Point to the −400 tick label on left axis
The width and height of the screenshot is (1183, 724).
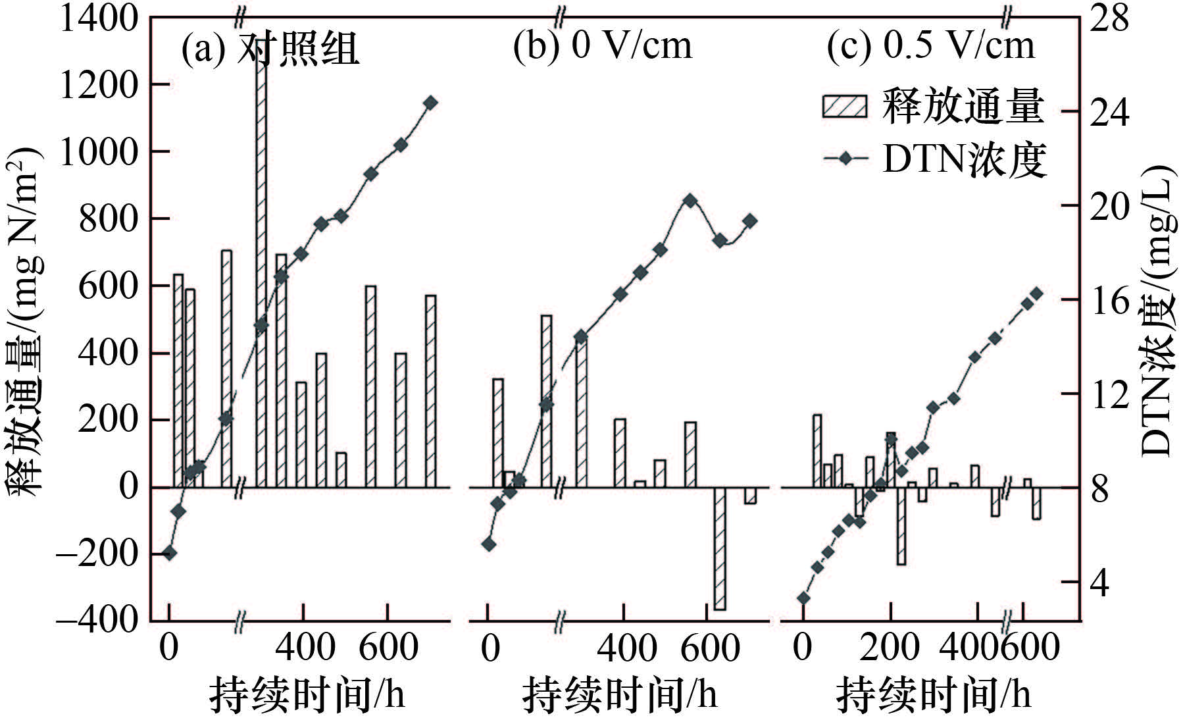97,620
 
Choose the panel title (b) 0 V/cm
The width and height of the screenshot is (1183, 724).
603,46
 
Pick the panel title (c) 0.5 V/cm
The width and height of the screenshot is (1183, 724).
930,46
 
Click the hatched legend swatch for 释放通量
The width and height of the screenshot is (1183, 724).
844,105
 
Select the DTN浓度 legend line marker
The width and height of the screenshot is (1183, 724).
845,159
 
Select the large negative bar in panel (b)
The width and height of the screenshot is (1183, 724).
720,548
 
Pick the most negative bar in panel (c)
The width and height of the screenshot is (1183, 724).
901,525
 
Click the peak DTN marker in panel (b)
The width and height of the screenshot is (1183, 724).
690,201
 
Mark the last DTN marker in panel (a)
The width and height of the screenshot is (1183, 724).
430,103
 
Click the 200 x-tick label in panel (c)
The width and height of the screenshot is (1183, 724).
890,648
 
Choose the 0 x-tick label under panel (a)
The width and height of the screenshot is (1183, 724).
169,648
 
